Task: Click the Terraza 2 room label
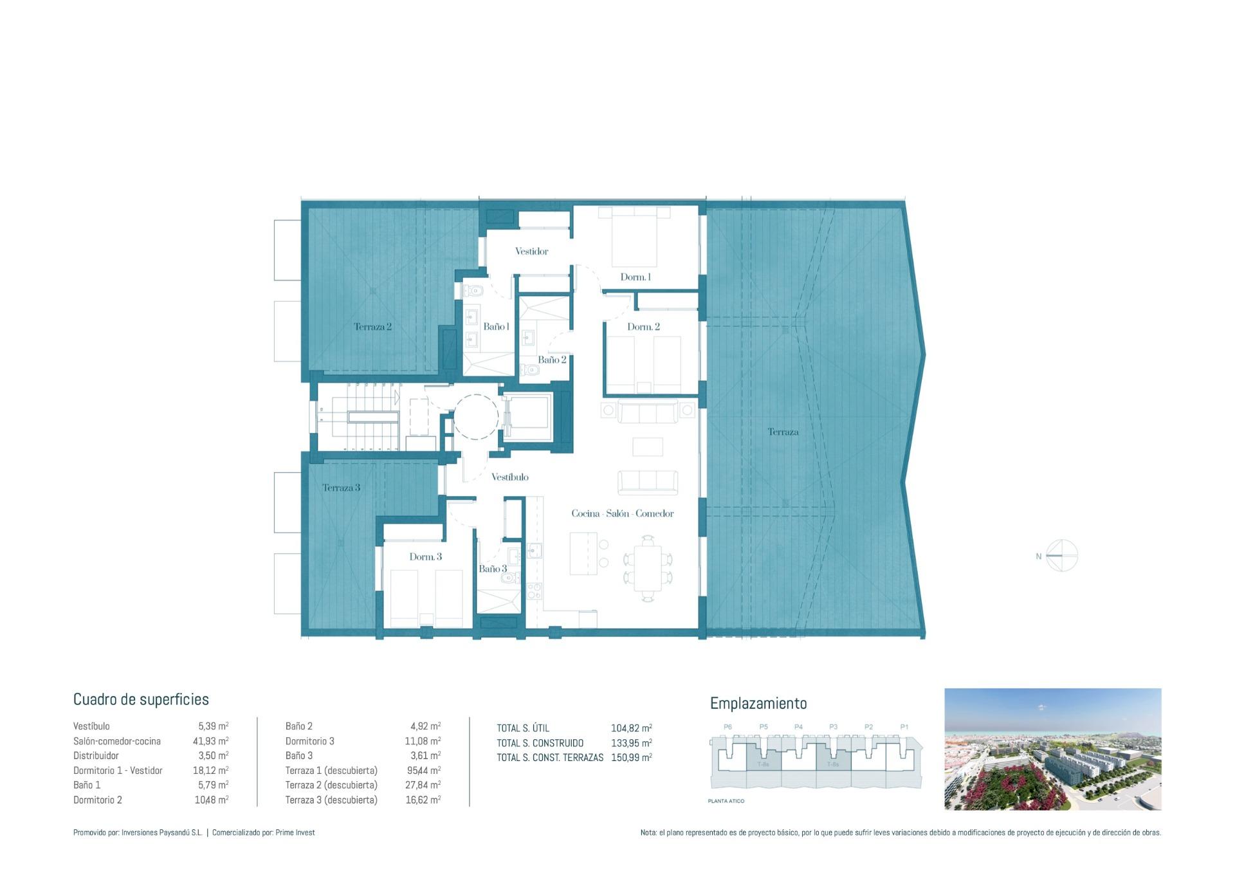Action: tap(372, 327)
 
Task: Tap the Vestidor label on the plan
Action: tap(531, 252)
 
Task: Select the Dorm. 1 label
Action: tap(636, 277)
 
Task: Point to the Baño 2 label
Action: tap(552, 360)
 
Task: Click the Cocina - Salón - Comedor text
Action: tap(622, 513)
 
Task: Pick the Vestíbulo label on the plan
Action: tap(509, 477)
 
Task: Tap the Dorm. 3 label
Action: tap(425, 556)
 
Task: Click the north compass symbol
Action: tap(1061, 556)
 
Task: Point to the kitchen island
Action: tap(583, 553)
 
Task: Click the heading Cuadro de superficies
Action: tap(141, 699)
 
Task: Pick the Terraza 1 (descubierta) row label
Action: tap(331, 771)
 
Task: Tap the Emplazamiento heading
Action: tap(758, 703)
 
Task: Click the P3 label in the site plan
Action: tap(833, 727)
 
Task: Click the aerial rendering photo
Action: tap(1052, 749)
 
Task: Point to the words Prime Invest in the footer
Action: tap(295, 832)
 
